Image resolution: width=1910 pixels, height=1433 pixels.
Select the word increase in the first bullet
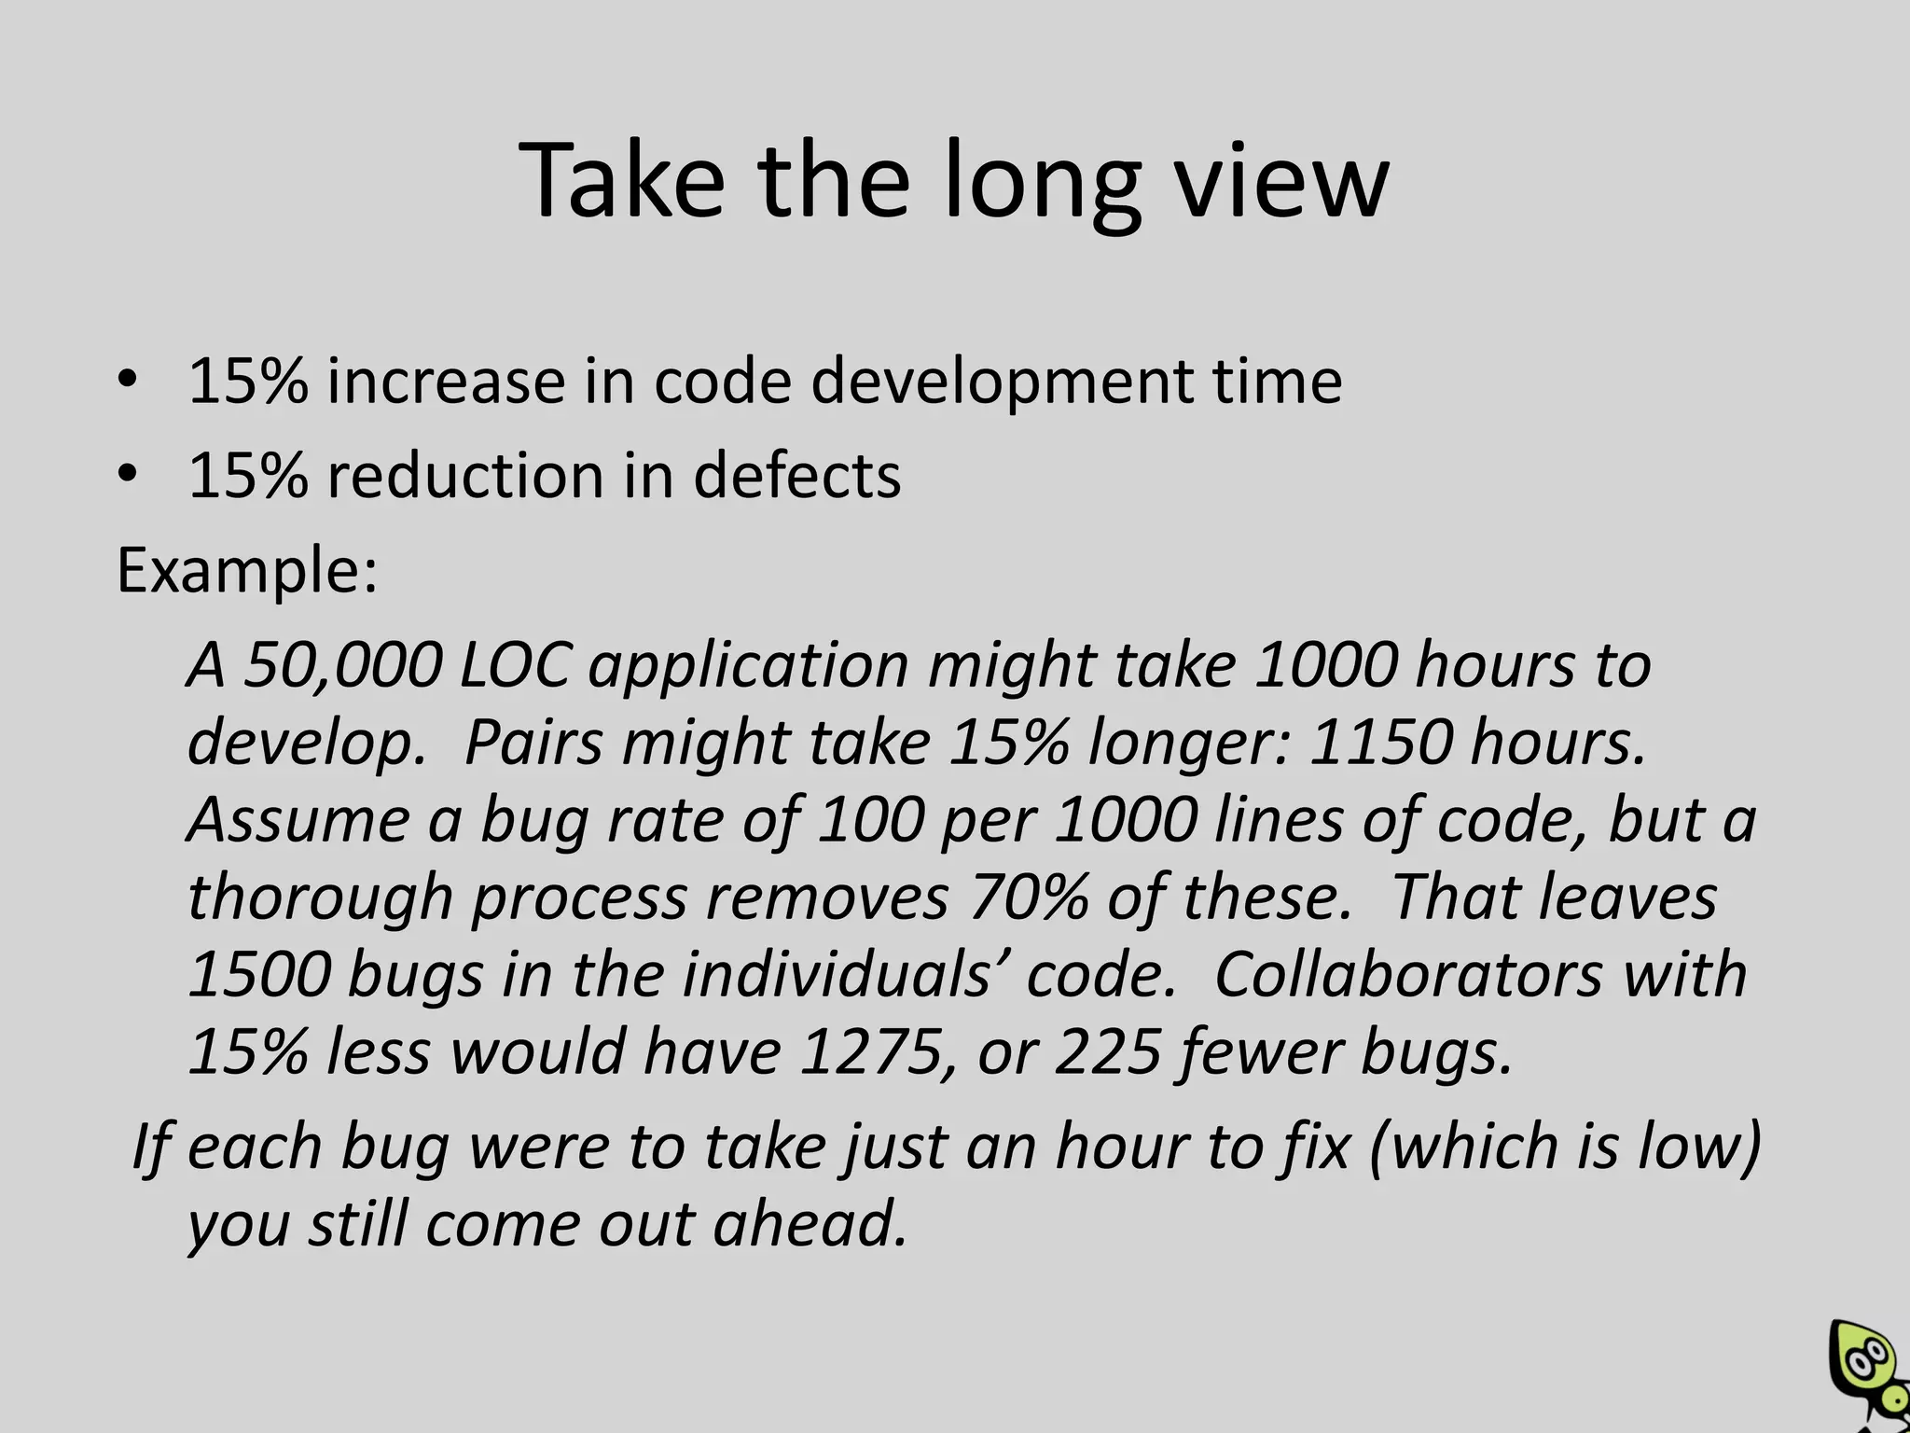[446, 382]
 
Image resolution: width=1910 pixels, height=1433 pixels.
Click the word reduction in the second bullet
[464, 476]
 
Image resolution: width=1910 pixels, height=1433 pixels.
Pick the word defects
[797, 476]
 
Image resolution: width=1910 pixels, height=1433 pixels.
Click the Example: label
[247, 570]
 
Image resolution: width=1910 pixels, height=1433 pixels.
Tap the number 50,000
[342, 665]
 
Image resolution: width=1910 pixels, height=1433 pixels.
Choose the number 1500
[259, 974]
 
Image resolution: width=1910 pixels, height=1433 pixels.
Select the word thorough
[320, 897]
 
